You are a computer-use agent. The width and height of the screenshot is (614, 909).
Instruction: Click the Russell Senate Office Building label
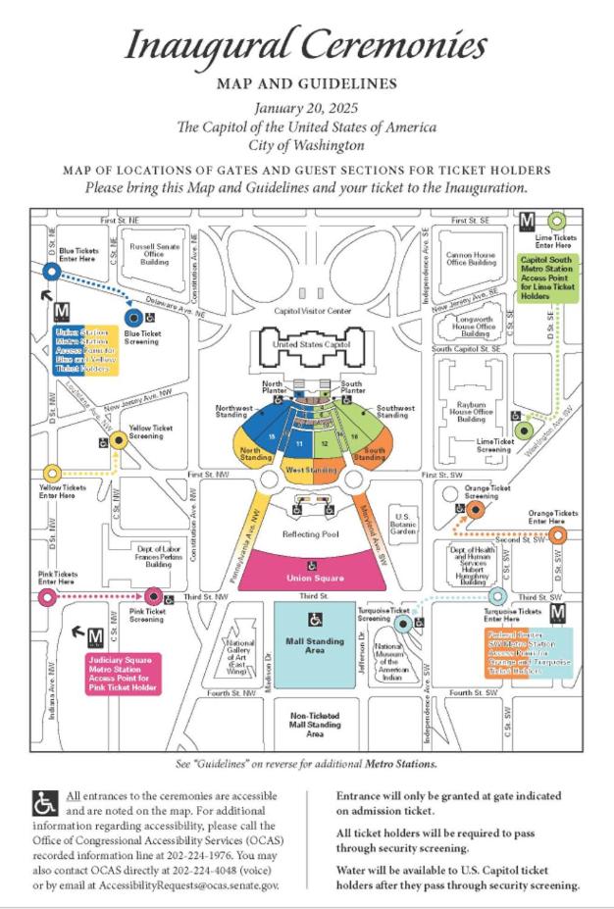coord(155,255)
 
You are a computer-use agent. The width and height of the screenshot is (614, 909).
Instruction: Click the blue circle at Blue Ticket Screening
coord(132,317)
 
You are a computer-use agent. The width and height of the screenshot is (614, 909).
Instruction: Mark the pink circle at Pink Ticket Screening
coord(153,595)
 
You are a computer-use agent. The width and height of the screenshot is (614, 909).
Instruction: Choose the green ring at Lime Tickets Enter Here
coord(558,221)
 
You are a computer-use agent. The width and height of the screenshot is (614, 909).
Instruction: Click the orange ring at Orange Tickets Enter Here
coord(557,534)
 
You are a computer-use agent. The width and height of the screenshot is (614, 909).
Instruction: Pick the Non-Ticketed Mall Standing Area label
coord(315,724)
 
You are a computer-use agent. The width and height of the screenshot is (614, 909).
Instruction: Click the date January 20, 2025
coord(306,108)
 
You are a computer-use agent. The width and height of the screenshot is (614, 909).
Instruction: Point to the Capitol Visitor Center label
coord(312,311)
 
